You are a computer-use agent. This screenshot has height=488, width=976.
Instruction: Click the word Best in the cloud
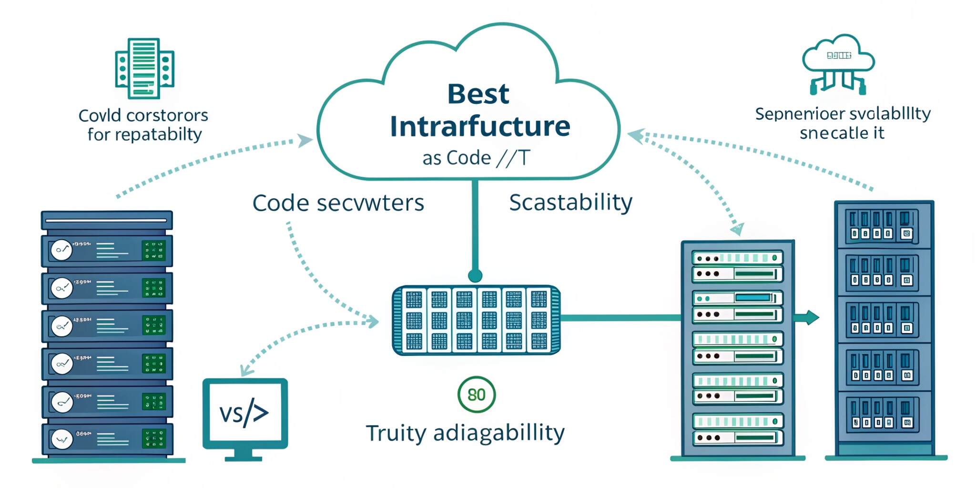(x=478, y=94)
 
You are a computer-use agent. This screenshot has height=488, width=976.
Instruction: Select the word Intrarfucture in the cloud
(x=480, y=126)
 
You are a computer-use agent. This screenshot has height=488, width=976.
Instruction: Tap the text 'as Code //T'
(x=476, y=158)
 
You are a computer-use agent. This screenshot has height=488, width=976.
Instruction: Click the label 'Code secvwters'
(x=338, y=203)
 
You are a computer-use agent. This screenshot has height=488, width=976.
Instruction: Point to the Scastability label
(x=570, y=203)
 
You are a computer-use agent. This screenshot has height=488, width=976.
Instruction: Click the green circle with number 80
(x=477, y=395)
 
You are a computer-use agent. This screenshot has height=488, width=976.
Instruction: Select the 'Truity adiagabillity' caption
(x=465, y=433)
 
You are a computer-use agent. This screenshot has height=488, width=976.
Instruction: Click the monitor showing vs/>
(x=245, y=413)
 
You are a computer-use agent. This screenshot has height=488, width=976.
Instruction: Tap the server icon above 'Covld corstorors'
(x=144, y=68)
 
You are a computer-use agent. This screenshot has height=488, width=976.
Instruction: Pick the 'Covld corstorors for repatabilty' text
(x=143, y=125)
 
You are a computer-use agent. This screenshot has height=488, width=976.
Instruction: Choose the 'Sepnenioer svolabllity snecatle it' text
(x=843, y=123)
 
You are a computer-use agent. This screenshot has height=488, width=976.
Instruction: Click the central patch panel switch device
(x=476, y=320)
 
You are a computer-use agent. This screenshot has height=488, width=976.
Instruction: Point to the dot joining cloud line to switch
(x=475, y=275)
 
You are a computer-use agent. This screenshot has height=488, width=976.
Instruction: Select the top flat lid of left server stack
(x=107, y=220)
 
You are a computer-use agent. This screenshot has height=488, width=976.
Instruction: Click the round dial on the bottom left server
(x=62, y=439)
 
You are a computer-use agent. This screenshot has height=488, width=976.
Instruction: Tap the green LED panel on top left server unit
(x=153, y=250)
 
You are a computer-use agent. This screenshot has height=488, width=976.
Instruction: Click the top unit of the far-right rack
(x=884, y=225)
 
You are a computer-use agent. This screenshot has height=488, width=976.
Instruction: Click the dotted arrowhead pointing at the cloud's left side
(x=305, y=140)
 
